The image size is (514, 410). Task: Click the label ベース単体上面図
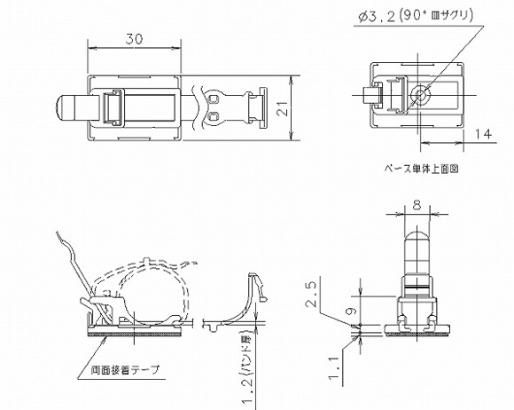point(422,167)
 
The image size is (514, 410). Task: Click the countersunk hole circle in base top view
point(419,94)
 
